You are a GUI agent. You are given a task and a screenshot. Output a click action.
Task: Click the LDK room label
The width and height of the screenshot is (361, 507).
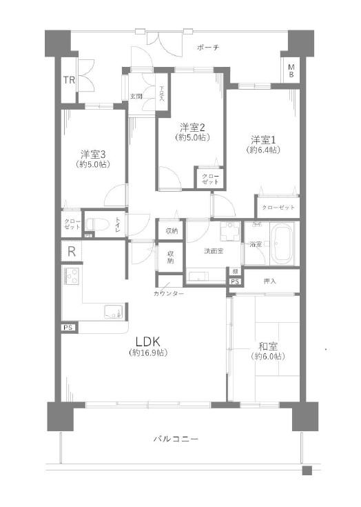coord(147,341)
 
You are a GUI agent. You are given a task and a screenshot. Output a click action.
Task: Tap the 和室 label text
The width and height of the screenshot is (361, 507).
coord(267,346)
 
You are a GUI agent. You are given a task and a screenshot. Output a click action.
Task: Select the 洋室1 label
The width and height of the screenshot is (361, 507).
coord(264,138)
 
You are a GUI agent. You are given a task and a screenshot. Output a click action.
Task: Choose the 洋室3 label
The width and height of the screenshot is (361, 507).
coord(92,153)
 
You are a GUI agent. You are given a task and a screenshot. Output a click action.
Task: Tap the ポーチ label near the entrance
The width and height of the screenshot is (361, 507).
coord(207,48)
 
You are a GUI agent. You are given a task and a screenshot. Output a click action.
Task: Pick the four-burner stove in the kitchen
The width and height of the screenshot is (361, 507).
coord(72,277)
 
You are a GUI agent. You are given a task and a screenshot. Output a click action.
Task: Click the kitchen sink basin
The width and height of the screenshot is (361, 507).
coord(112,311)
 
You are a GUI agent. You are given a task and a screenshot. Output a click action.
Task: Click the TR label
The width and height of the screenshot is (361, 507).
coord(69,80)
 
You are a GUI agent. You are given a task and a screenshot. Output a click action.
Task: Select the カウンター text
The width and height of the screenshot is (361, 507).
coord(169,294)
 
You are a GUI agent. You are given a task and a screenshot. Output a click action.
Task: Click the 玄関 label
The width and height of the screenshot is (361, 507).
coord(136,96)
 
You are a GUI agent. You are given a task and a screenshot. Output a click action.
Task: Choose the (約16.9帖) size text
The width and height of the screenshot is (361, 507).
coord(147,353)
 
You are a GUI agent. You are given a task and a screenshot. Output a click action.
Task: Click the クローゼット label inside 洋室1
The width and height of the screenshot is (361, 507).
coord(278,208)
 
